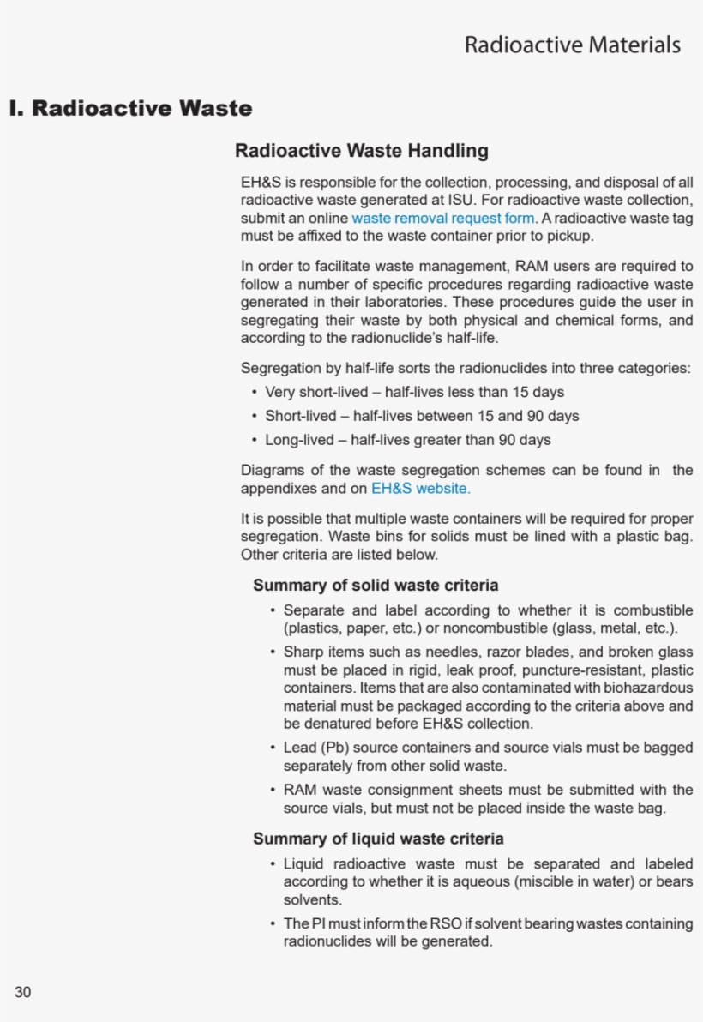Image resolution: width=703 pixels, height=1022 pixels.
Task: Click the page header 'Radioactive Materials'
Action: tap(572, 45)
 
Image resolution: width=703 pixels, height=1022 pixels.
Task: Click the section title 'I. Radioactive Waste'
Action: tap(130, 109)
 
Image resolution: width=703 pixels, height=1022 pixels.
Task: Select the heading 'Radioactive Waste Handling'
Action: tap(362, 151)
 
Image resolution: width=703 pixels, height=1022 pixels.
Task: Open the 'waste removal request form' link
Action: tap(443, 219)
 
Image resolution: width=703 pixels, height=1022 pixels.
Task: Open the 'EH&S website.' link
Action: tap(420, 489)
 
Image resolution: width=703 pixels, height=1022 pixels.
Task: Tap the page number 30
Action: tap(22, 992)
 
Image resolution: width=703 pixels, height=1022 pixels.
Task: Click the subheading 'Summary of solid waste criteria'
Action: tap(376, 586)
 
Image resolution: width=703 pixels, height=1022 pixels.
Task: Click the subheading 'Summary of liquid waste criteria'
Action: tap(378, 839)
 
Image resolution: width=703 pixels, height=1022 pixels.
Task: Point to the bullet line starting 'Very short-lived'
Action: tap(414, 392)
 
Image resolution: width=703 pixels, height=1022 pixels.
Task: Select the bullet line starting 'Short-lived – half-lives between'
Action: tap(422, 416)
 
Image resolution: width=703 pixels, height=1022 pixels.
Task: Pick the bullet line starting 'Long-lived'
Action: tap(408, 440)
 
